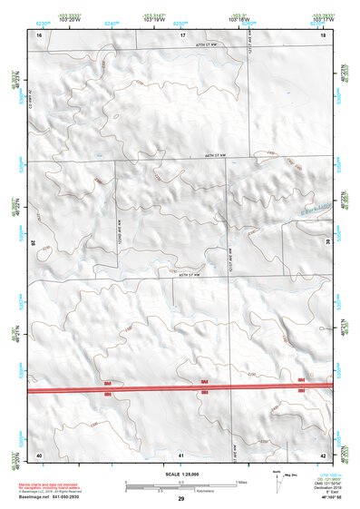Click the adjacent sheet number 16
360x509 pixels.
point(39,34)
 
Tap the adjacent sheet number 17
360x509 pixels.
point(182,34)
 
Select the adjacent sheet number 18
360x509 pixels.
point(323,34)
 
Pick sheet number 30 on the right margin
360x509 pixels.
point(328,242)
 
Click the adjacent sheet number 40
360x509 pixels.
point(39,454)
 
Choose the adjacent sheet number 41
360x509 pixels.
point(181,454)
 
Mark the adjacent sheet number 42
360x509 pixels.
point(323,454)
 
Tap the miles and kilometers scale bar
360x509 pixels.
point(181,485)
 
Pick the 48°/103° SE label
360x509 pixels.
point(320,498)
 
